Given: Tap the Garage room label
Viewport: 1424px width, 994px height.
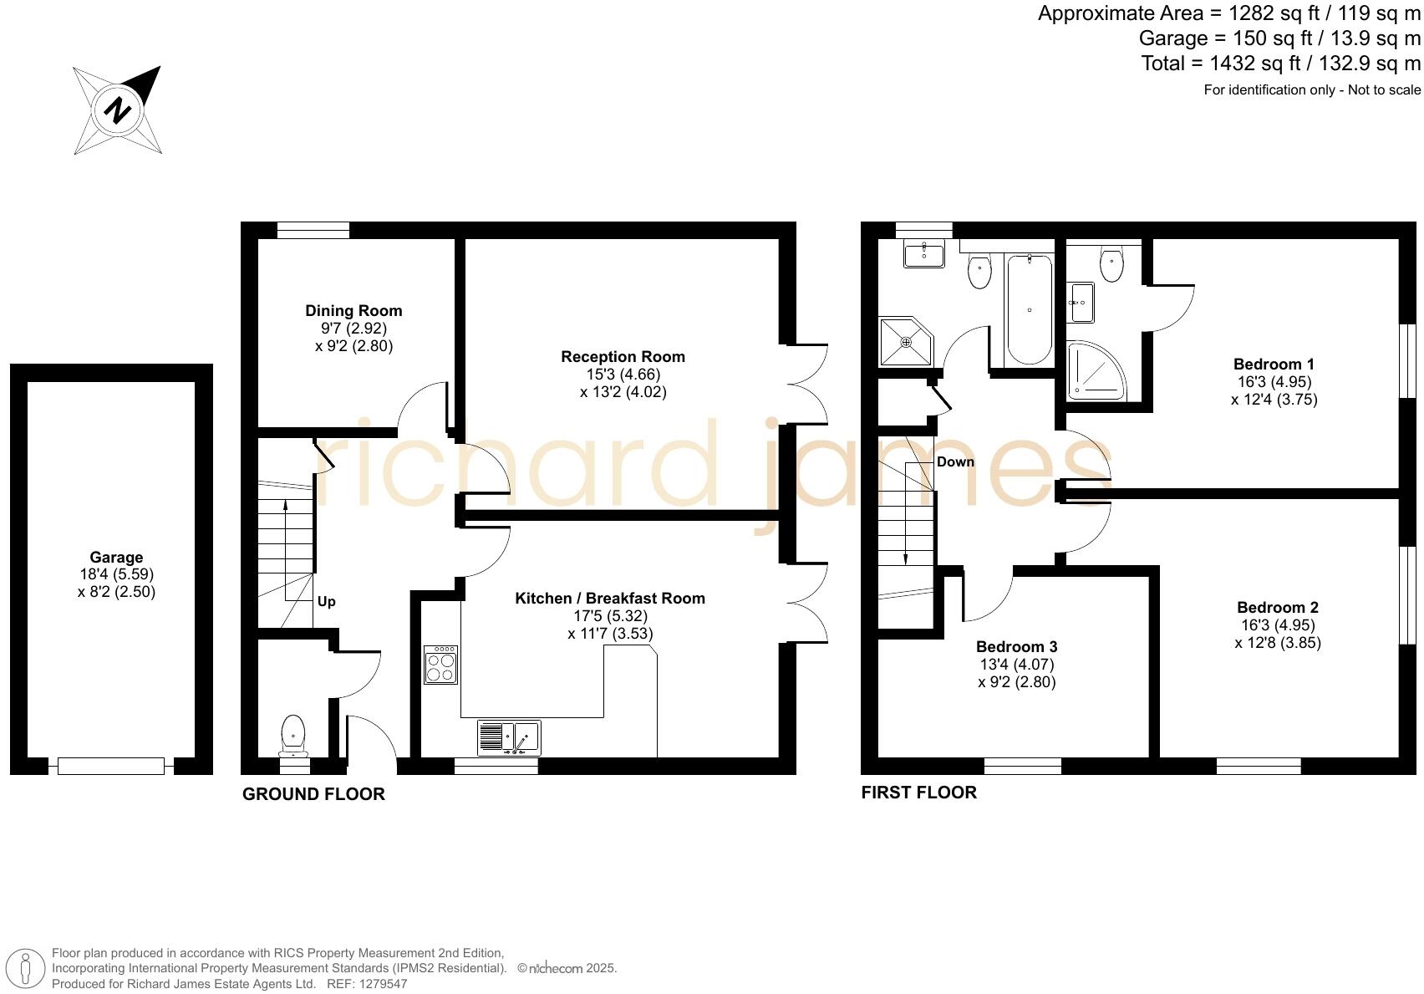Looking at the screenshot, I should click(x=116, y=558).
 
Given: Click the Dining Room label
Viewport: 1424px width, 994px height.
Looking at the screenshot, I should click(x=353, y=311).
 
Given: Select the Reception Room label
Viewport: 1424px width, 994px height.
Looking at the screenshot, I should click(x=623, y=357).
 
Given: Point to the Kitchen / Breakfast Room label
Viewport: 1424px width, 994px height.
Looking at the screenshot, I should click(x=610, y=599).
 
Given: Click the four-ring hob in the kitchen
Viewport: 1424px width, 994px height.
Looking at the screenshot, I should click(x=440, y=665).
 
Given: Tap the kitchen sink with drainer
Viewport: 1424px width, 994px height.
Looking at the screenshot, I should click(x=509, y=737).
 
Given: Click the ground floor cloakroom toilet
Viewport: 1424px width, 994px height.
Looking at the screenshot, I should click(x=293, y=733).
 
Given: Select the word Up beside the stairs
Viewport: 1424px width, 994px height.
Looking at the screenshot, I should click(x=326, y=602).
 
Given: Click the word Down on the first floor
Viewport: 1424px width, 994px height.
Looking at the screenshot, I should click(x=955, y=462).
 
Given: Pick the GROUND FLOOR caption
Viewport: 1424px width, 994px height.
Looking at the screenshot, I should click(x=313, y=794).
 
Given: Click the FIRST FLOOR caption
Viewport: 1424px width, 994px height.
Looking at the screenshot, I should click(x=918, y=793).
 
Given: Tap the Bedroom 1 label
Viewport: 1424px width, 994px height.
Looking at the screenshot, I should click(x=1274, y=364).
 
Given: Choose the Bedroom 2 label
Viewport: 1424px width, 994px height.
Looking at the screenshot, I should click(x=1278, y=608).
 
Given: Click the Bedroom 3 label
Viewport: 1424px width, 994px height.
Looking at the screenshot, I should click(x=1016, y=647).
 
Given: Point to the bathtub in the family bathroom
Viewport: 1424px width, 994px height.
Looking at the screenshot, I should click(x=1030, y=309).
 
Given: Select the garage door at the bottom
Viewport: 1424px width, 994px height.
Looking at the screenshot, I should click(x=111, y=766).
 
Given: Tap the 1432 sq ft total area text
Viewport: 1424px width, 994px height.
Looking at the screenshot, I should click(x=1281, y=64).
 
